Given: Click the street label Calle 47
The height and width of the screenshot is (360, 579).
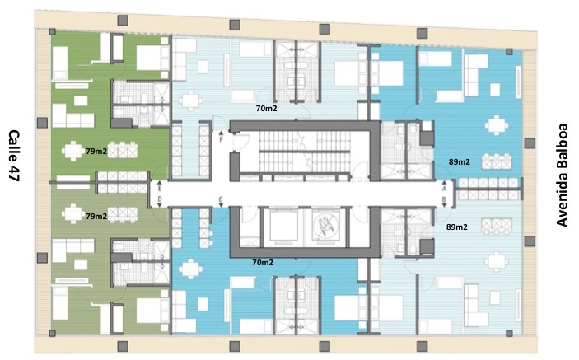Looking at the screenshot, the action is [x=14, y=156].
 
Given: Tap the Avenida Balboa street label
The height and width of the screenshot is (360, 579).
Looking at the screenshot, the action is [x=562, y=175].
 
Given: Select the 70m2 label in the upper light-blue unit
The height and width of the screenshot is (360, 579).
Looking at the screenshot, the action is [x=267, y=108].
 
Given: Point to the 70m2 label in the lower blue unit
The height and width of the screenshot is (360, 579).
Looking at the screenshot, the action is [x=263, y=262].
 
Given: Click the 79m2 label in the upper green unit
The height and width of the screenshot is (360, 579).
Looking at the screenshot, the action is [x=96, y=151].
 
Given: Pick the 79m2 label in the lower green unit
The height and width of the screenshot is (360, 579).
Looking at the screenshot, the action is [x=96, y=216].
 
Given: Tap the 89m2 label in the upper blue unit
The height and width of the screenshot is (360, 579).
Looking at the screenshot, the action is [x=460, y=161].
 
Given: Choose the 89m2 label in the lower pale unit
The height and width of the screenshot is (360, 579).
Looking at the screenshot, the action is [x=457, y=227].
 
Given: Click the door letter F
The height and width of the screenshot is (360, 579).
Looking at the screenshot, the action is [x=222, y=139].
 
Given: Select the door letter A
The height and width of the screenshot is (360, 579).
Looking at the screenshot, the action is [x=444, y=189].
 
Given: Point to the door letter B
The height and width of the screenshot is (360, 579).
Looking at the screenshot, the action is [x=444, y=199].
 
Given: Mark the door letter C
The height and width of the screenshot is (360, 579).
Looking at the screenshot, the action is [x=221, y=199].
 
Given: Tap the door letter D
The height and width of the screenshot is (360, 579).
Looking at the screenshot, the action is [x=160, y=199].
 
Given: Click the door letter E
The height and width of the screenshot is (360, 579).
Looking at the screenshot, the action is [x=160, y=189].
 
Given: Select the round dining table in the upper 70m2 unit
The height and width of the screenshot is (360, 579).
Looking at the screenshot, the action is [x=190, y=101].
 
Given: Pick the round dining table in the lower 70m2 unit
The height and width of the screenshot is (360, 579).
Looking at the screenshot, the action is [x=190, y=269].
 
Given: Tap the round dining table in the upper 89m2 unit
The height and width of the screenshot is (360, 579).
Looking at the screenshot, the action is [x=497, y=125].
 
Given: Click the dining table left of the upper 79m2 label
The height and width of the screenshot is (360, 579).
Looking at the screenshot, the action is [x=73, y=150].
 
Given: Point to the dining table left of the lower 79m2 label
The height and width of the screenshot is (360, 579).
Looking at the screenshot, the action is [x=73, y=213].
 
